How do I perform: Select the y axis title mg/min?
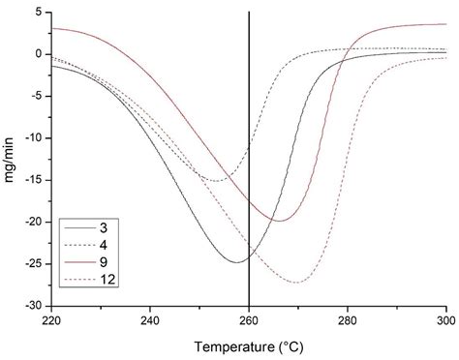click(12, 159)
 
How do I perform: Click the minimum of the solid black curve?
click(238, 261)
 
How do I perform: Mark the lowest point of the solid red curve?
click(280, 221)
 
